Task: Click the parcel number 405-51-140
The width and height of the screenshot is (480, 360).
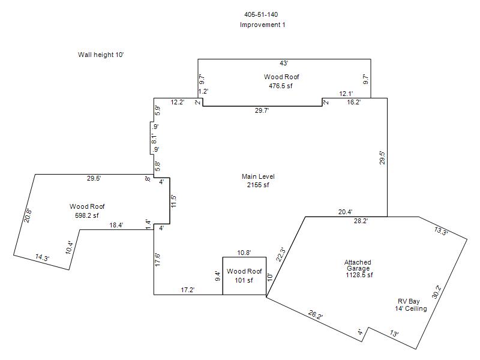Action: click(x=261, y=14)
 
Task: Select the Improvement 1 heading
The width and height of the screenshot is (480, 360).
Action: click(x=262, y=25)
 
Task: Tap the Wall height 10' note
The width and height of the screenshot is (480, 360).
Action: click(x=101, y=55)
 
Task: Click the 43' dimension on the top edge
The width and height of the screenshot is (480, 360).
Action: click(x=284, y=63)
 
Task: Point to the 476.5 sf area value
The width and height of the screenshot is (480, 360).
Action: click(x=281, y=86)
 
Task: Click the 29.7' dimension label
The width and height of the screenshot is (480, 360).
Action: click(x=262, y=110)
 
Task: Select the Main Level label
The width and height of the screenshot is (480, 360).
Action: click(x=258, y=176)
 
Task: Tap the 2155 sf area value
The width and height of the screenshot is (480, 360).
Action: click(x=258, y=185)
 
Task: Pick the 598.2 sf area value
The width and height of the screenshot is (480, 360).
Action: click(x=87, y=215)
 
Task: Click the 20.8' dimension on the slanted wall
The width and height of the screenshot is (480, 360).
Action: click(x=28, y=215)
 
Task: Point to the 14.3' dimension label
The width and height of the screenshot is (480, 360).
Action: click(x=42, y=257)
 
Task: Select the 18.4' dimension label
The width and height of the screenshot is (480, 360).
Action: click(x=116, y=225)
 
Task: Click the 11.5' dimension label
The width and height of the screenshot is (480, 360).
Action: click(x=174, y=201)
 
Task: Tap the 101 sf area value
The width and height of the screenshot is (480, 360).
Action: click(x=244, y=280)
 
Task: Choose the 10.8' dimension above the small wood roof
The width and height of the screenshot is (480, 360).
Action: click(x=244, y=253)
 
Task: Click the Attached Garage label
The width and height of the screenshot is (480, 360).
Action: click(x=358, y=265)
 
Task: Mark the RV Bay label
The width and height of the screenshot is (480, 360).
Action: click(x=409, y=301)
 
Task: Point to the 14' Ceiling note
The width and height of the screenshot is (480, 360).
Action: click(x=411, y=308)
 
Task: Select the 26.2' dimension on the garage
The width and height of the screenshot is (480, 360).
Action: click(x=316, y=314)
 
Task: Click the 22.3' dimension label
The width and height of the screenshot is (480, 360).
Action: click(x=281, y=254)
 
